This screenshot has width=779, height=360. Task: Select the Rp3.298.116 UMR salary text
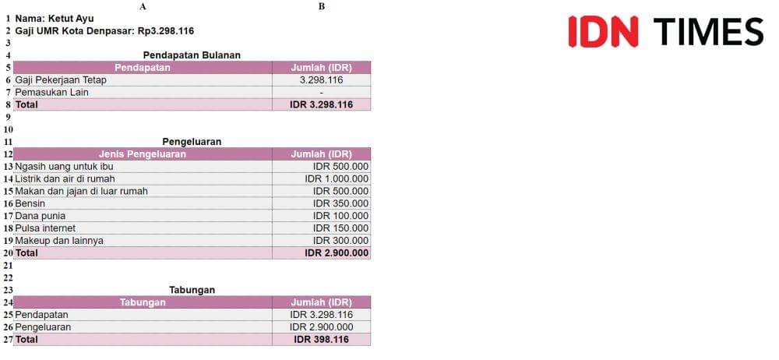pyautogui.click(x=166, y=30)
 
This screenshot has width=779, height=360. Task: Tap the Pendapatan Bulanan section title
pyautogui.click(x=192, y=55)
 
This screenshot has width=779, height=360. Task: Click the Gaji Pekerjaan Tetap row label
pyautogui.click(x=61, y=79)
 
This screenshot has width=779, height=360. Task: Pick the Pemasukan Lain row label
pyautogui.click(x=52, y=92)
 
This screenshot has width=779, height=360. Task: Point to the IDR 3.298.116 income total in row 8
pyautogui.click(x=321, y=104)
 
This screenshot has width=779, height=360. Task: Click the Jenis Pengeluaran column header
pyautogui.click(x=143, y=154)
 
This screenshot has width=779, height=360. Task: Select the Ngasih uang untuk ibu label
pyautogui.click(x=64, y=166)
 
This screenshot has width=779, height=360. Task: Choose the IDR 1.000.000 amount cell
pyautogui.click(x=337, y=178)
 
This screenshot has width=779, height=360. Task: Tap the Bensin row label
pyautogui.click(x=30, y=203)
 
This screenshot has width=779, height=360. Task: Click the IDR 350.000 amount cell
pyautogui.click(x=340, y=203)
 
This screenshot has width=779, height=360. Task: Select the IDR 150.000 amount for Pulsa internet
pyautogui.click(x=340, y=228)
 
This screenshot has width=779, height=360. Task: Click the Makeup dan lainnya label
pyautogui.click(x=59, y=241)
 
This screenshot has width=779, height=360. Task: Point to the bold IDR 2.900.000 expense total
pyautogui.click(x=337, y=253)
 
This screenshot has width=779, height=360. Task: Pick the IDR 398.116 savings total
pyautogui.click(x=321, y=340)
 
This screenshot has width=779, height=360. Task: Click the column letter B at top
pyautogui.click(x=322, y=6)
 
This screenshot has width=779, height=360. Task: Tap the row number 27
pyautogui.click(x=8, y=340)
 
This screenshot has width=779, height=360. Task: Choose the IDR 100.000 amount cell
pyautogui.click(x=340, y=216)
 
